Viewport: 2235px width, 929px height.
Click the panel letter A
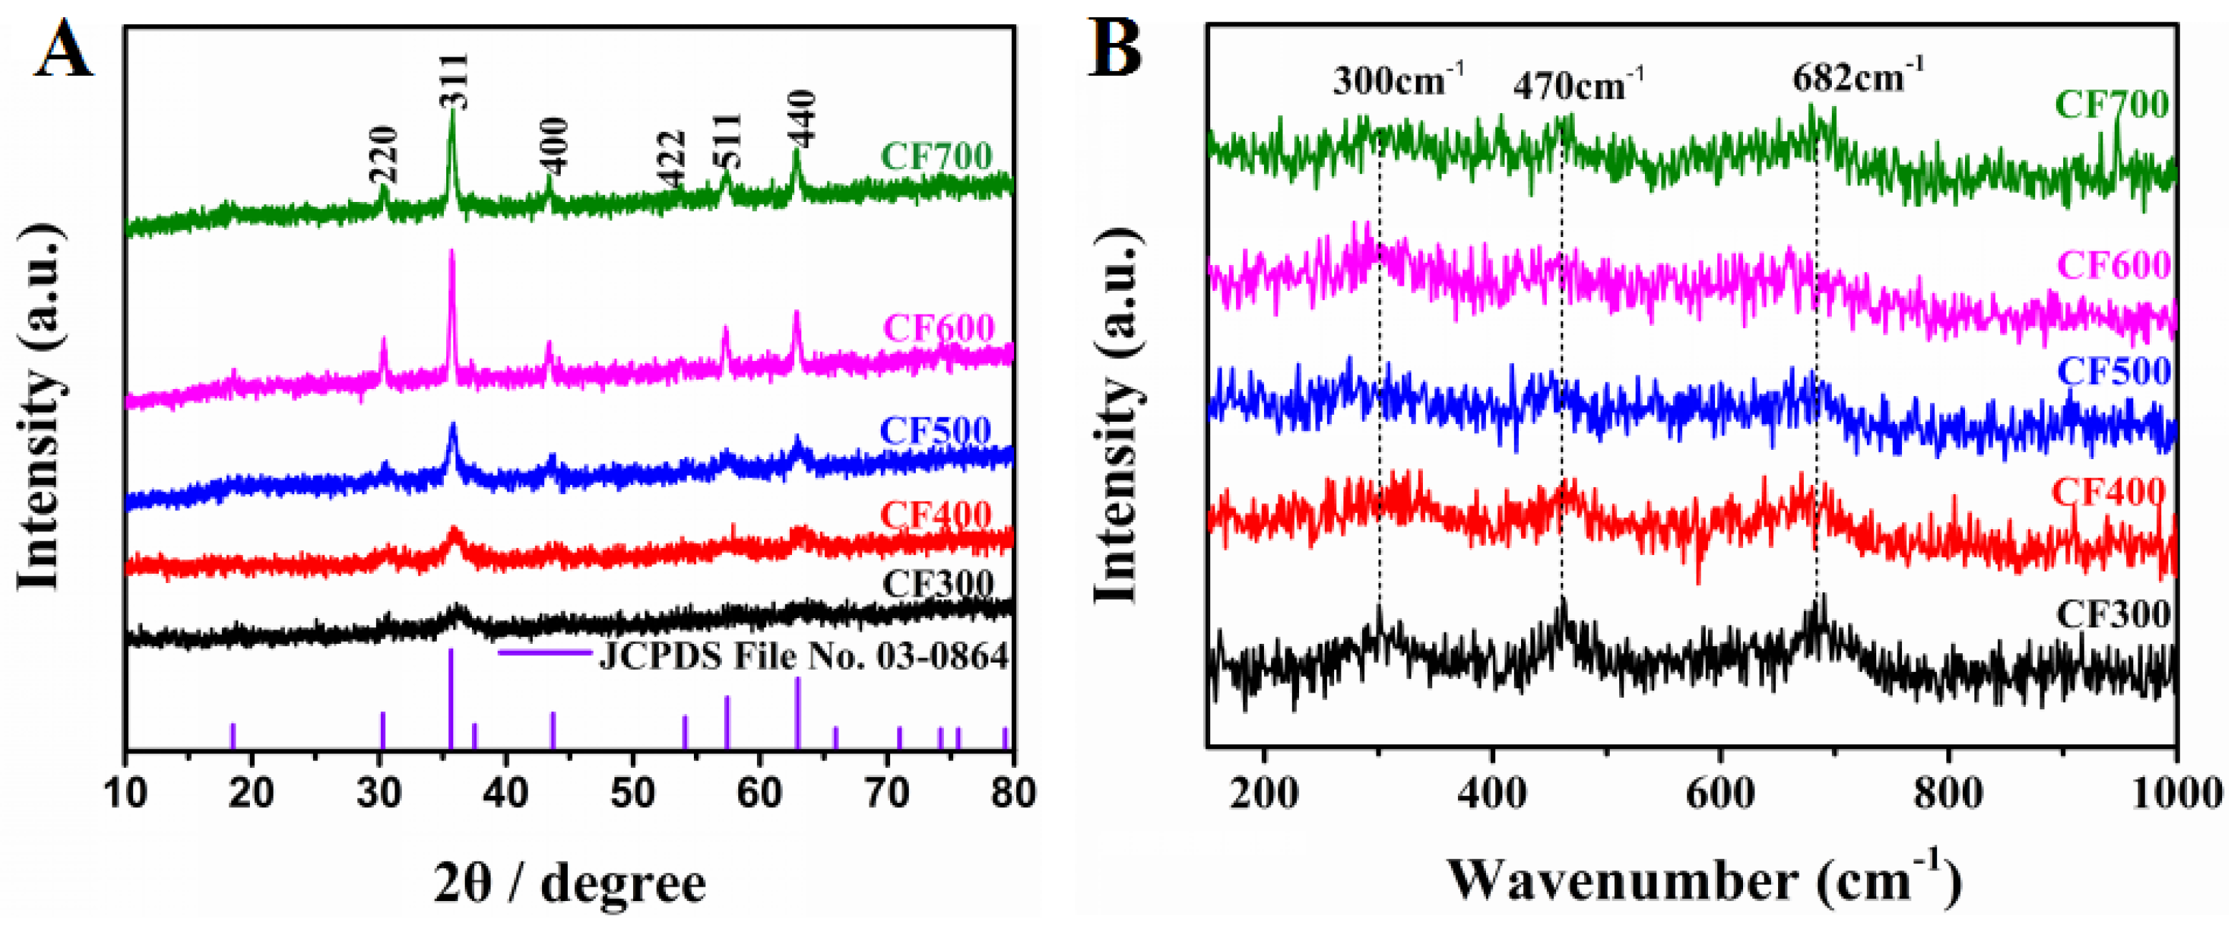pos(62,50)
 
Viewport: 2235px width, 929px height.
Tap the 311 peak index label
pos(452,81)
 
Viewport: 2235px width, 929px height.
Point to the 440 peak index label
pos(799,119)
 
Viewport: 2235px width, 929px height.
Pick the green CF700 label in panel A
pos(936,157)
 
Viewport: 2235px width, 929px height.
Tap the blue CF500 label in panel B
pos(2113,371)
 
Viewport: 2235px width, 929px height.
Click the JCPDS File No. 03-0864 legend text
pos(803,657)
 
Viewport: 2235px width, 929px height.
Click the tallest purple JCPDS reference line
pos(450,698)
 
